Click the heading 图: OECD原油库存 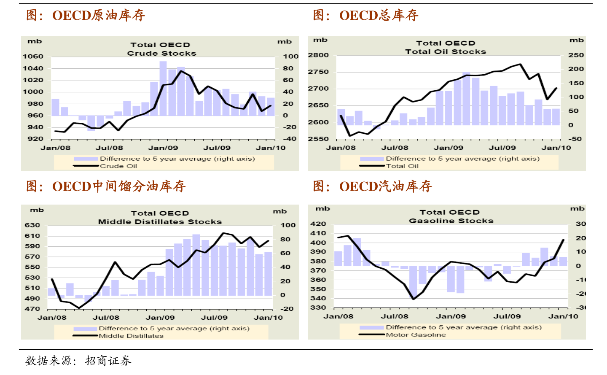[x=86, y=15]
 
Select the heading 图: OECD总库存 [x=365, y=15]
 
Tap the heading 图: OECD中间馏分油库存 [x=106, y=186]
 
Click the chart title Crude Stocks [x=161, y=53]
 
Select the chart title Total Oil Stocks [x=446, y=51]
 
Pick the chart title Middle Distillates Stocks [x=160, y=221]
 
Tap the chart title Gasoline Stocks [x=451, y=221]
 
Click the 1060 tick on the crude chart [x=33, y=56]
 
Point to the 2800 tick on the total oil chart [x=318, y=55]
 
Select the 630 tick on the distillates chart [x=32, y=225]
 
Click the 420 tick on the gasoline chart [x=318, y=224]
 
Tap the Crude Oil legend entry [x=118, y=166]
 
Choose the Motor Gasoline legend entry [x=416, y=335]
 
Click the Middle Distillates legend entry [x=131, y=336]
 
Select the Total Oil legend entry [x=402, y=166]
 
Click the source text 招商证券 [x=108, y=361]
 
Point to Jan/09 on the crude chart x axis [x=163, y=148]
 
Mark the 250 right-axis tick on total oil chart [x=576, y=55]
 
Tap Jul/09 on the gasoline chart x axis [x=507, y=316]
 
